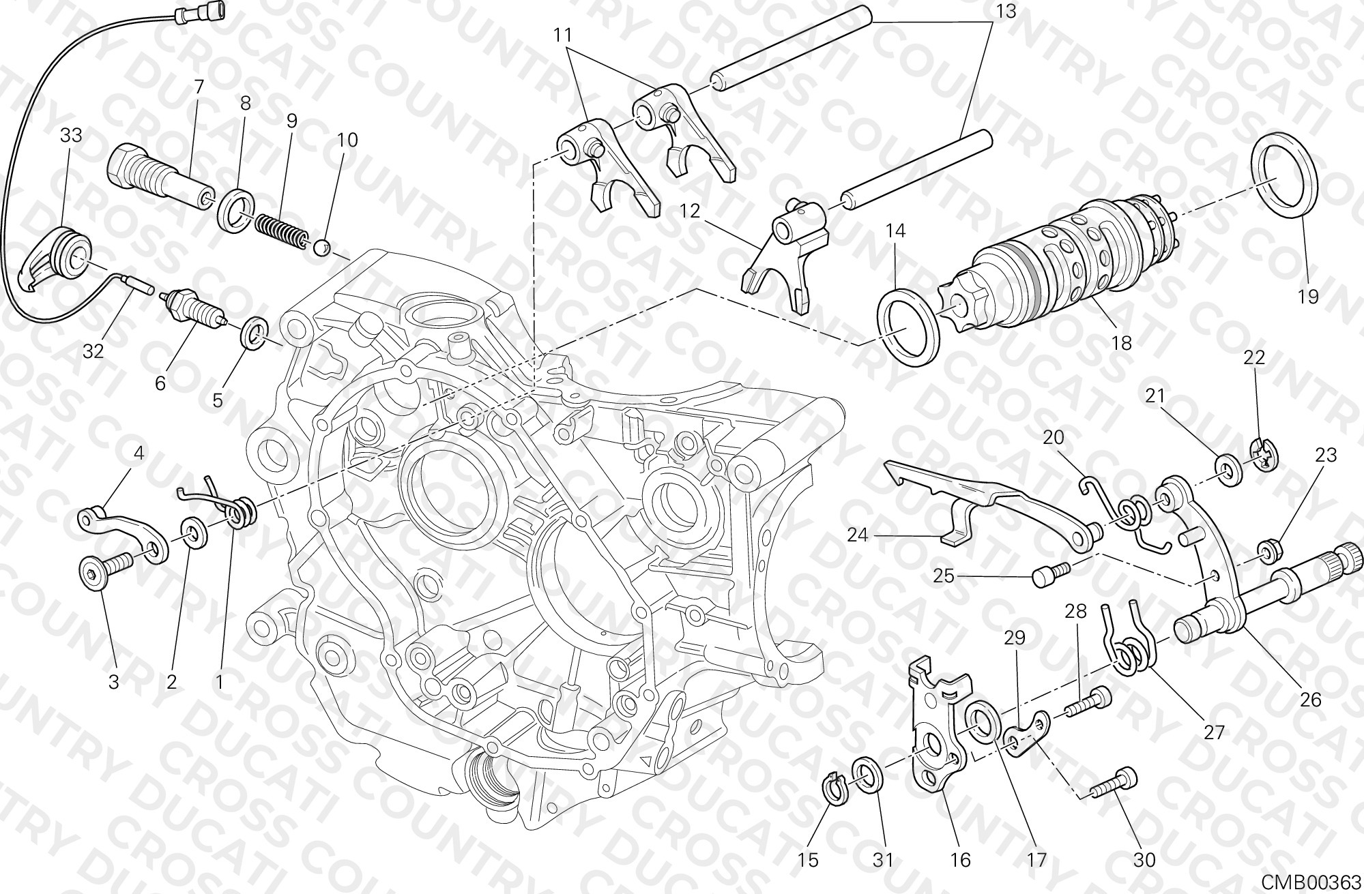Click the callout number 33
tap(71, 136)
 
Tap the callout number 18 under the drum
tap(1121, 343)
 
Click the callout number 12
tap(690, 211)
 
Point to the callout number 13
tap(1005, 12)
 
